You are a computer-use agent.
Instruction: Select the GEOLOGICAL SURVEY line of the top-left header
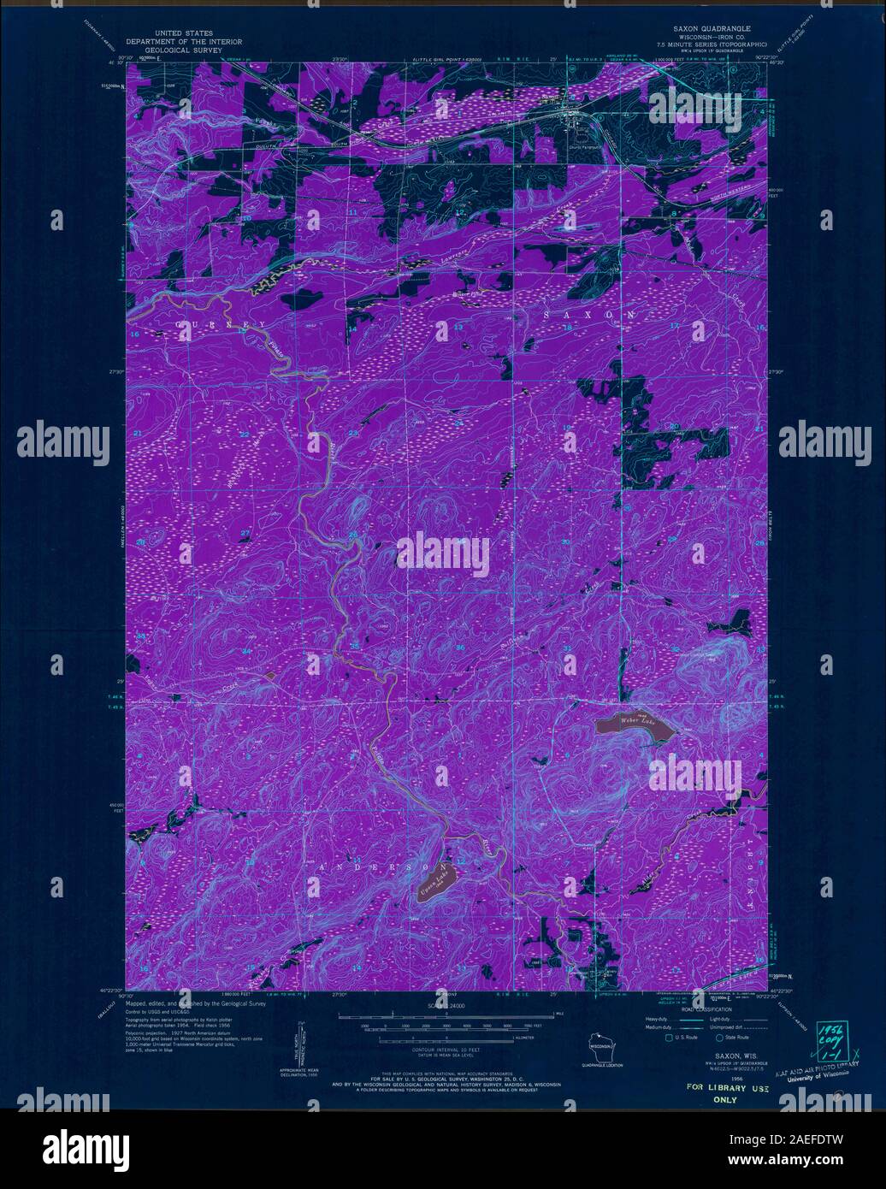tap(184, 49)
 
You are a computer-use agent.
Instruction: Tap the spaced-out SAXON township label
tap(588, 316)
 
